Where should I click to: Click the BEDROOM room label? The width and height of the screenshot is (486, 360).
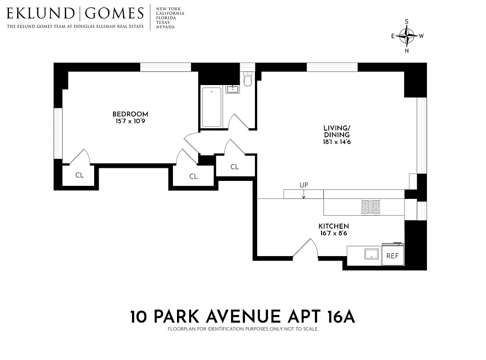click(130, 114)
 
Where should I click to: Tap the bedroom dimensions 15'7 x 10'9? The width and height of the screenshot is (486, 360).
click(130, 121)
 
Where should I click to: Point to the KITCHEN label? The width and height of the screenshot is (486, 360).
click(333, 226)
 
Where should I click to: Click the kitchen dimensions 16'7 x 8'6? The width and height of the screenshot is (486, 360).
click(333, 233)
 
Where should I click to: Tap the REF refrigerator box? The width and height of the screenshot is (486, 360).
click(393, 256)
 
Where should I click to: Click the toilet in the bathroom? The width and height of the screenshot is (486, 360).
click(247, 79)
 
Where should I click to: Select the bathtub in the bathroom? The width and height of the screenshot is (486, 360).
click(212, 107)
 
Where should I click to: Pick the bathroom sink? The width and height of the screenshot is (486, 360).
click(232, 89)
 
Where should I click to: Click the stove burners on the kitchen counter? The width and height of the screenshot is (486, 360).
click(371, 207)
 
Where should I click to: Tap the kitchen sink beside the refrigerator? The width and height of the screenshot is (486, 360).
click(372, 253)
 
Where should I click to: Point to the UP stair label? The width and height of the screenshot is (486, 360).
click(304, 185)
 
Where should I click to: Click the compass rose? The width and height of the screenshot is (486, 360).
click(407, 36)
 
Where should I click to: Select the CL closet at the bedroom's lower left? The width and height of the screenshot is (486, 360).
click(80, 175)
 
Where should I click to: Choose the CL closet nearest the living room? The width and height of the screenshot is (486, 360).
click(235, 167)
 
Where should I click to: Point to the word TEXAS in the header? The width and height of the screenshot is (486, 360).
click(163, 22)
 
